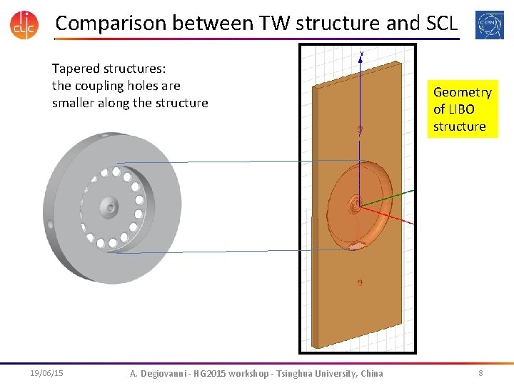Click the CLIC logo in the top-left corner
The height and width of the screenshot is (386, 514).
[24, 24]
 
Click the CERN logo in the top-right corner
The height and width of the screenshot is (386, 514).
[489, 24]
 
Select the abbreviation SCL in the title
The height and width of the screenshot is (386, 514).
[442, 23]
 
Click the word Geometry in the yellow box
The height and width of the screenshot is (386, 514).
[462, 92]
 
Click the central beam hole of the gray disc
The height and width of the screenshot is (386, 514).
[109, 207]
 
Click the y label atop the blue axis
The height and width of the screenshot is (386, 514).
[362, 54]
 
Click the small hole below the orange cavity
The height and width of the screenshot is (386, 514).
[360, 282]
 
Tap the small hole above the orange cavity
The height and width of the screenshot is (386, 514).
[361, 130]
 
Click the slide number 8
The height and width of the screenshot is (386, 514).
[480, 373]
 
